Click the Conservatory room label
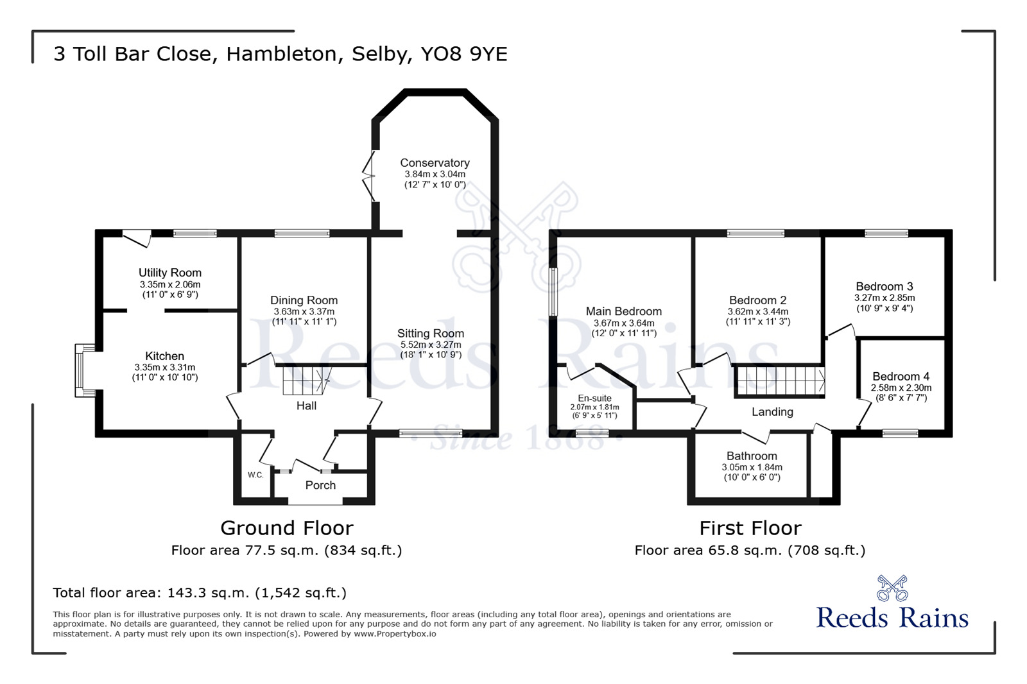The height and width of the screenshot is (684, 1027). click(x=435, y=163)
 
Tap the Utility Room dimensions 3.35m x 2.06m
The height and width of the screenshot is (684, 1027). click(x=170, y=284)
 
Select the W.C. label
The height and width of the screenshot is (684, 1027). click(x=255, y=475)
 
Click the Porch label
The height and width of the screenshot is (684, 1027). click(x=320, y=485)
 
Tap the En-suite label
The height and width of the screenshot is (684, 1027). click(x=594, y=398)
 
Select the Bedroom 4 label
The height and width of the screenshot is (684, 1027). click(x=901, y=377)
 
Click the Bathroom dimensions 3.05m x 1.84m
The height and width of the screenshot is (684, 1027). click(x=752, y=467)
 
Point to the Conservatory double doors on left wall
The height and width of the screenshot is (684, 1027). click(x=369, y=177)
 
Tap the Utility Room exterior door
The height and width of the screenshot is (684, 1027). click(x=137, y=237)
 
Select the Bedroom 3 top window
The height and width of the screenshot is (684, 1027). click(x=886, y=234)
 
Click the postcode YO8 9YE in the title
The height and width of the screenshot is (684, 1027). click(x=463, y=54)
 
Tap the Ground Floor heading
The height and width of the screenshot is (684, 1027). click(x=286, y=528)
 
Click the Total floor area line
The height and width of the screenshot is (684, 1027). click(x=200, y=593)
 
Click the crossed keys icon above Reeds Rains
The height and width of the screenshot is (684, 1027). click(x=892, y=587)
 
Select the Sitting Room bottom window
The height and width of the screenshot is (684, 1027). click(x=421, y=434)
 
